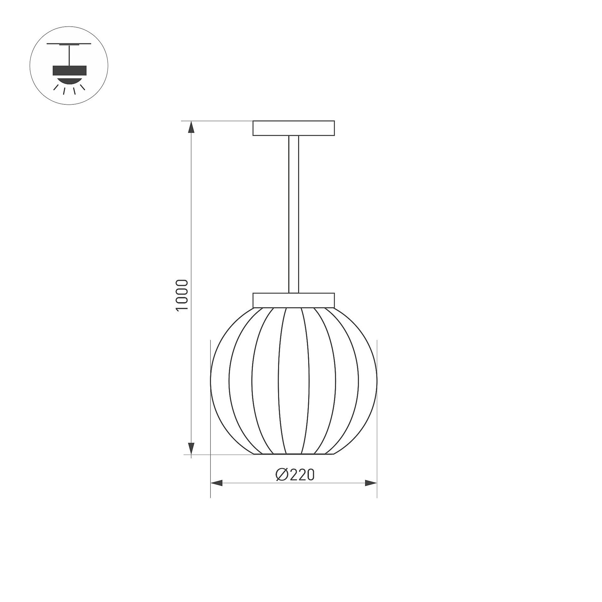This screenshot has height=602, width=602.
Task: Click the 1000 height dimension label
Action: click(x=182, y=295)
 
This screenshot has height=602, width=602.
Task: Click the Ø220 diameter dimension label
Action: click(x=295, y=475)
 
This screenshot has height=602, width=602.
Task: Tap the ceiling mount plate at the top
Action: click(x=294, y=128)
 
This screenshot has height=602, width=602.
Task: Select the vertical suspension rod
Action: click(x=294, y=214)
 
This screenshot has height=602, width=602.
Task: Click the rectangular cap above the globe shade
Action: click(x=294, y=300)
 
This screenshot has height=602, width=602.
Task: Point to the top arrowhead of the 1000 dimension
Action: click(x=191, y=128)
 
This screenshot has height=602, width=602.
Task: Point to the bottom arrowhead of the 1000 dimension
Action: click(x=191, y=447)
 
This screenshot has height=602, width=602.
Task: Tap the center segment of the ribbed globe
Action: click(x=294, y=381)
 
